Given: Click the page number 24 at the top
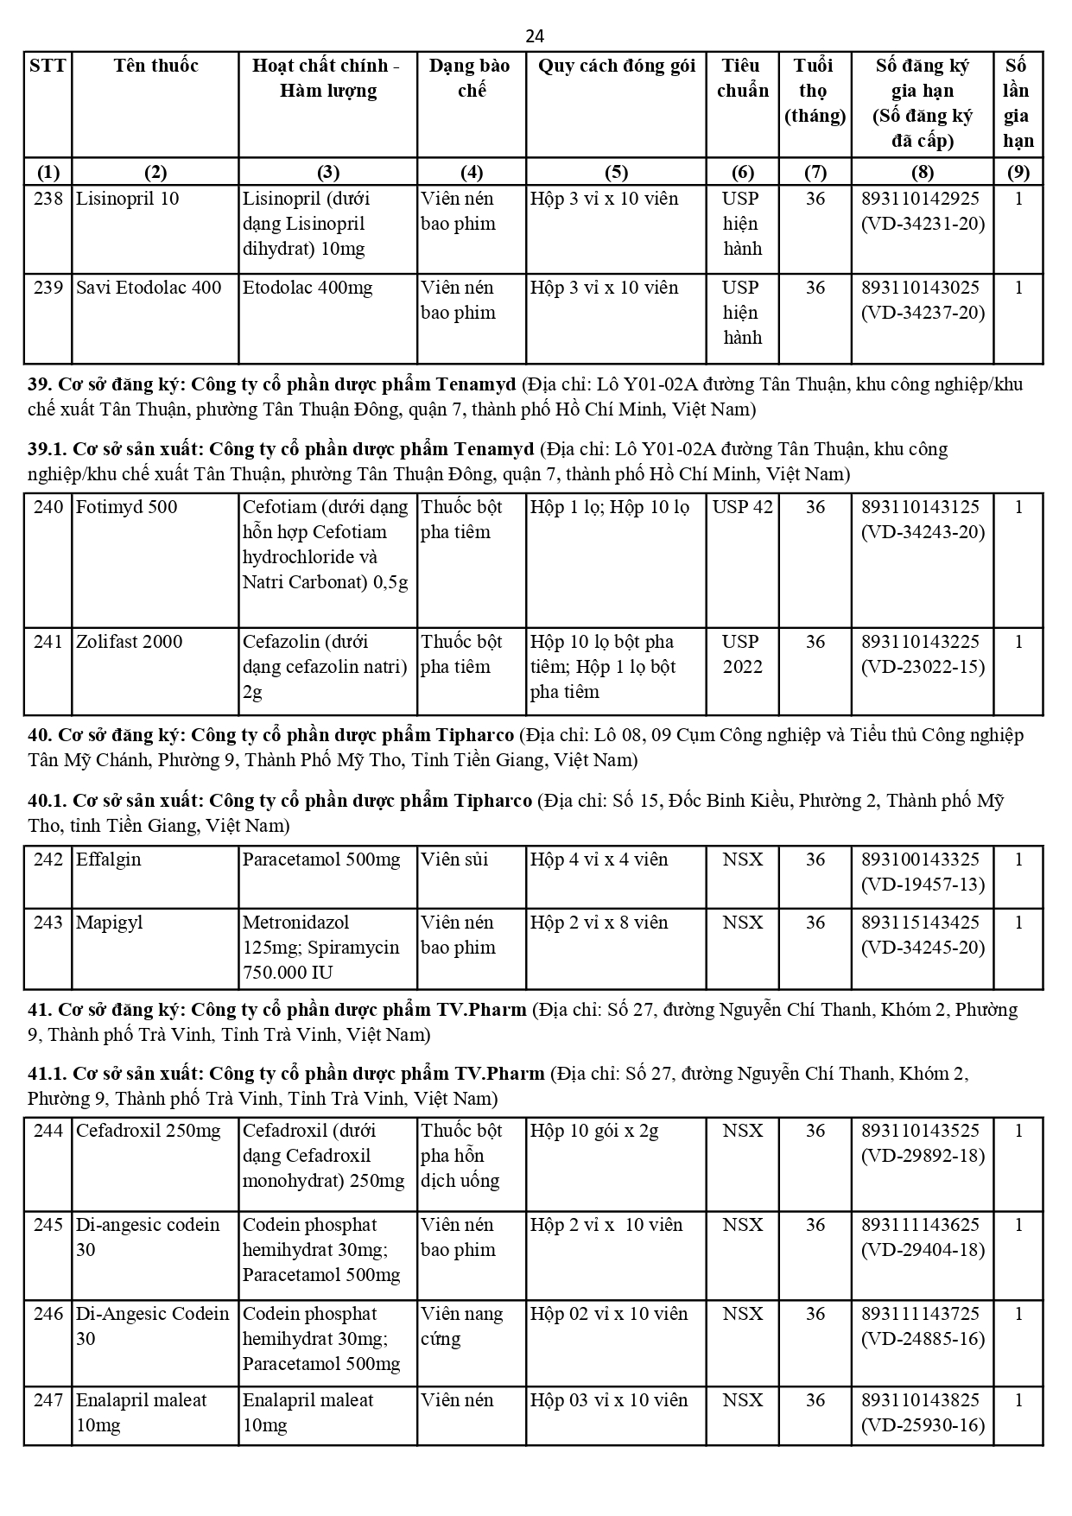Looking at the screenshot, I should (535, 36).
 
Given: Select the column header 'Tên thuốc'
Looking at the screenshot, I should (155, 66).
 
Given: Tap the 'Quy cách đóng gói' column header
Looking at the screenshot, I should (616, 66).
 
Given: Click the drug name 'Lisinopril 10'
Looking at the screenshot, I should (128, 199).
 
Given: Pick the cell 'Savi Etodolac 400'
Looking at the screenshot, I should (149, 288).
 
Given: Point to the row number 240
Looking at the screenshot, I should (48, 507).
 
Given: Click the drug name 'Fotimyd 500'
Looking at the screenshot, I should (127, 507).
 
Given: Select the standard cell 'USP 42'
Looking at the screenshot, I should (742, 507).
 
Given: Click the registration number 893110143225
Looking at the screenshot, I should (921, 642).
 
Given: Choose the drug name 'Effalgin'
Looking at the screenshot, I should (109, 859).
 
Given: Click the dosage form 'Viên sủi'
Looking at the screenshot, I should (454, 859).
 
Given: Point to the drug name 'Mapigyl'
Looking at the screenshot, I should (109, 923).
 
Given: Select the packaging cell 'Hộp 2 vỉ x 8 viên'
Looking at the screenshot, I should (599, 923).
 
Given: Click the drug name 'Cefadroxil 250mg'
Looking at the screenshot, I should (149, 1131).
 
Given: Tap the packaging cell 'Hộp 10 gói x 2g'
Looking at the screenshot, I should (594, 1131).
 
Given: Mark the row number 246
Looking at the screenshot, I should (48, 1314).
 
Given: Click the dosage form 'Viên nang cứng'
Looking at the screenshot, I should (461, 1326).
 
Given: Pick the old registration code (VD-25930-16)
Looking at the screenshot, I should (923, 1425).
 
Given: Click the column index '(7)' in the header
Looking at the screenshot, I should (815, 172).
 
